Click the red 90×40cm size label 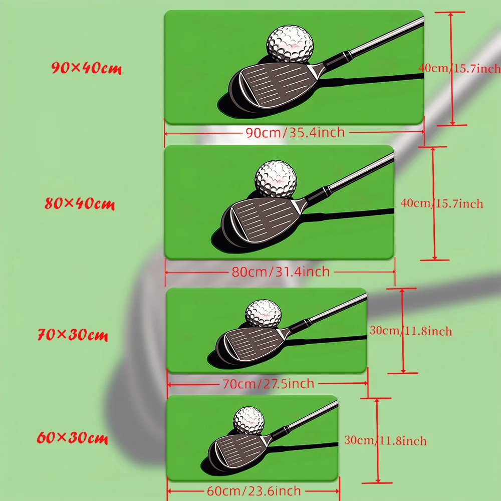coord(86,68)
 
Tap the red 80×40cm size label coord(80,203)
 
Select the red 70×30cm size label coord(73,335)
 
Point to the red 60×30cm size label coord(72,437)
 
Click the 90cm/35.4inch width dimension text coord(295,132)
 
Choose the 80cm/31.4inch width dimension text coord(281,272)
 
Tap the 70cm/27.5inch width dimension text coord(269,384)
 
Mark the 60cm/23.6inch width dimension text coord(254,491)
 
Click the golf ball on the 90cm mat coord(290,44)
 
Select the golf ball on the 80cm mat coord(276,179)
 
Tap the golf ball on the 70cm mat coord(264,314)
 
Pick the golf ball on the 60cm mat coord(249,421)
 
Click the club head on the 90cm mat coord(275,87)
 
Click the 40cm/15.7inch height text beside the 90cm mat coord(459,68)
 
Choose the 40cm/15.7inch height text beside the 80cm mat coord(442,203)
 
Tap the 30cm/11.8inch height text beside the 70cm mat coord(411,331)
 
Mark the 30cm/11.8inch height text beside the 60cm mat coord(385,440)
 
